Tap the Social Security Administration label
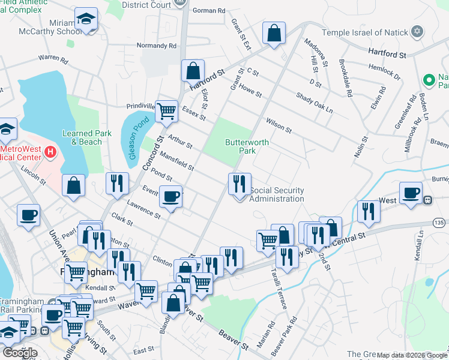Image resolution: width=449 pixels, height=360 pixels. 277,194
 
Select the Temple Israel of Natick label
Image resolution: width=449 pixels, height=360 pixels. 364,32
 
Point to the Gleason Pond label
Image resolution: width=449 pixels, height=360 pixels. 136,138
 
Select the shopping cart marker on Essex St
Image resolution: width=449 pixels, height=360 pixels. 166,110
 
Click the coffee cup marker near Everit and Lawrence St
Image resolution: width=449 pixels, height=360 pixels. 171,197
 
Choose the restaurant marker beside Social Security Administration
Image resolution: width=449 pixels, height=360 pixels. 240,183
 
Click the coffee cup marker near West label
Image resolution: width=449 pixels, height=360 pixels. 411,193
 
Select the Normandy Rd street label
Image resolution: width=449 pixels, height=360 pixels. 157,46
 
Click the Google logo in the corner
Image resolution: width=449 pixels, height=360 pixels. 20,352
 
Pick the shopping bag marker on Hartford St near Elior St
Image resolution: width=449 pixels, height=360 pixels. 193,70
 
